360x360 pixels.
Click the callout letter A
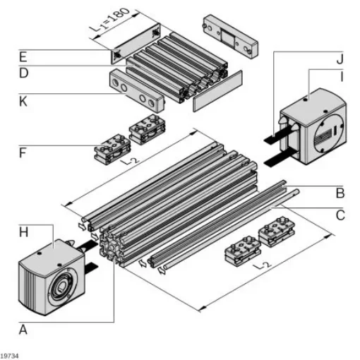23,329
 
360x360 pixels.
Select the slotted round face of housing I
327,134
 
